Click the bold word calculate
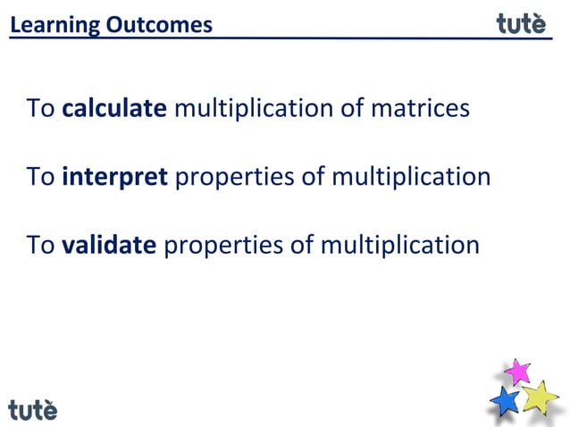tap(114, 109)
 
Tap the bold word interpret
tap(114, 177)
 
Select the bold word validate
tap(109, 244)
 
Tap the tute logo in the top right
tap(521, 23)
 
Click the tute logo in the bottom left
tap(33, 410)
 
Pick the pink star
tap(516, 371)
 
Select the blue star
tap(506, 400)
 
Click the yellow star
tap(540, 397)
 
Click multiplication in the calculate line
tap(254, 109)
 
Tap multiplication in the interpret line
tap(411, 177)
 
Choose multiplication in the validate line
tap(399, 244)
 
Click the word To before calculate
tap(41, 109)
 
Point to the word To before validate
tap(41, 244)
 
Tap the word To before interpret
tap(41, 177)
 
